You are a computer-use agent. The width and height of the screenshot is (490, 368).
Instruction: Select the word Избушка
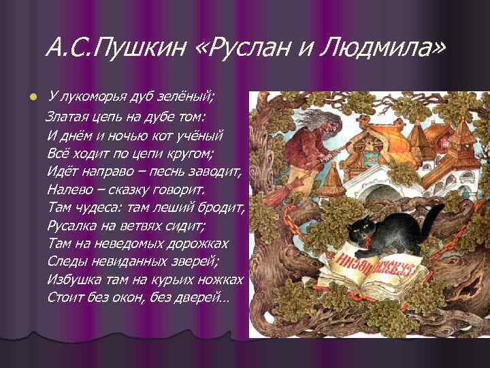point(74,279)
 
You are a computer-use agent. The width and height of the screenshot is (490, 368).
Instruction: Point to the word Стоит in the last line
point(67,298)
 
